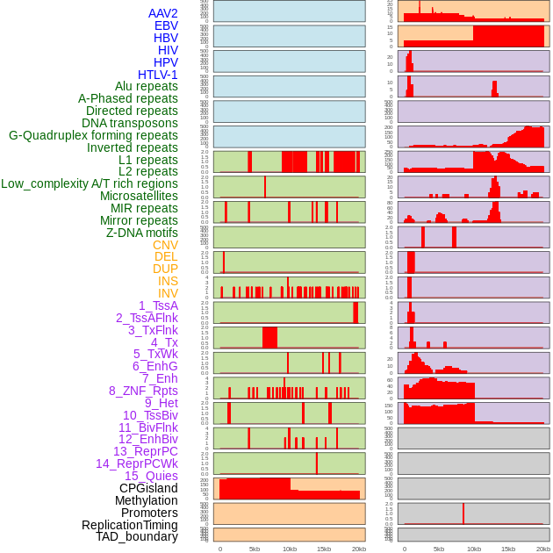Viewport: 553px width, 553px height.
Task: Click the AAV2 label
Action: [x=162, y=13]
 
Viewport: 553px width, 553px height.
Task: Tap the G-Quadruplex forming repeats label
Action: [x=93, y=135]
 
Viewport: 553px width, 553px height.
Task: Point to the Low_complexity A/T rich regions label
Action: [x=90, y=183]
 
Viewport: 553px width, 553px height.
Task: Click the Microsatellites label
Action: [x=139, y=196]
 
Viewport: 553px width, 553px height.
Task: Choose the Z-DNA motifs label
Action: [x=141, y=233]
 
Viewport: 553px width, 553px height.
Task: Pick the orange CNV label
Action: [x=165, y=245]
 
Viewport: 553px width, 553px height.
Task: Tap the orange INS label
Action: [x=168, y=281]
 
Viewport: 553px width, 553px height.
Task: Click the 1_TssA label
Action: [x=158, y=305]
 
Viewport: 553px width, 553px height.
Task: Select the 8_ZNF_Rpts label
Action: [x=143, y=391]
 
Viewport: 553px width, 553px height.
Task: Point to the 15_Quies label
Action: [x=149, y=476]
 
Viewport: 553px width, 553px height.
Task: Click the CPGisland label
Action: [x=148, y=488]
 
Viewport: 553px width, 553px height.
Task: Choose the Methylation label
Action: [x=146, y=500]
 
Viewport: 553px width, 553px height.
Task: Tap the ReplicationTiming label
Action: [x=129, y=525]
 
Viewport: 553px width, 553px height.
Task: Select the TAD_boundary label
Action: [x=137, y=536]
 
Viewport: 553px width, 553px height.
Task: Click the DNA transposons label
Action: [x=130, y=123]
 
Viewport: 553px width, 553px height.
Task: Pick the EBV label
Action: [x=166, y=25]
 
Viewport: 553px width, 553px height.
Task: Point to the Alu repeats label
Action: [x=147, y=86]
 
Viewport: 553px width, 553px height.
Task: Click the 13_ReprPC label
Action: [x=145, y=451]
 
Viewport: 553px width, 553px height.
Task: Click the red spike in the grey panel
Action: [x=463, y=513]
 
